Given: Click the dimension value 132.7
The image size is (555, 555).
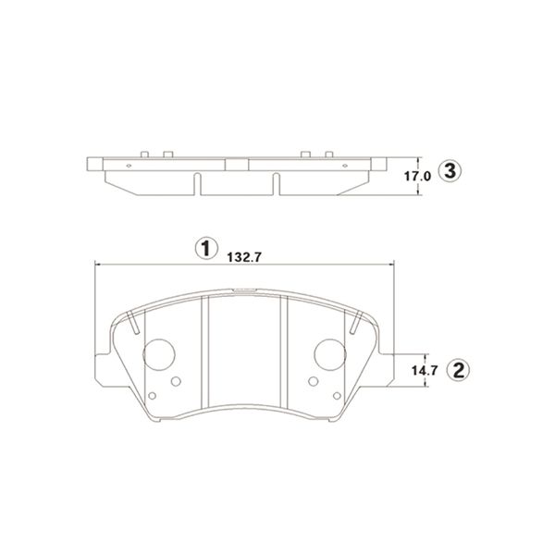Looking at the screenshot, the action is pos(244,257).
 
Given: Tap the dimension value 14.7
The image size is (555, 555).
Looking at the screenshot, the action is pos(425,370).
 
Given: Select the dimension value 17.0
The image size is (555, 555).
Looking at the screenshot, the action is pos(418,177).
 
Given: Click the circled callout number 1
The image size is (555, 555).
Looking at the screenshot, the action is pos(206,248).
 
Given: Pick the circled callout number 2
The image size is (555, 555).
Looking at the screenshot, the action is pos(459,370).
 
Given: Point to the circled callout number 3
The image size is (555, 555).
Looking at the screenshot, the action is pos(450,172).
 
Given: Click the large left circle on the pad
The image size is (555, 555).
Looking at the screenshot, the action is pos(159,354).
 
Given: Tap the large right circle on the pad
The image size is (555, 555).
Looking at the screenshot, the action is pos(330,354).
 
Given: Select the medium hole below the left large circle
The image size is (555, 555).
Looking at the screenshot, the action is pos(176,381).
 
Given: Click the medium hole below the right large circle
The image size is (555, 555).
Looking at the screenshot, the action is pos(314,381).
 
